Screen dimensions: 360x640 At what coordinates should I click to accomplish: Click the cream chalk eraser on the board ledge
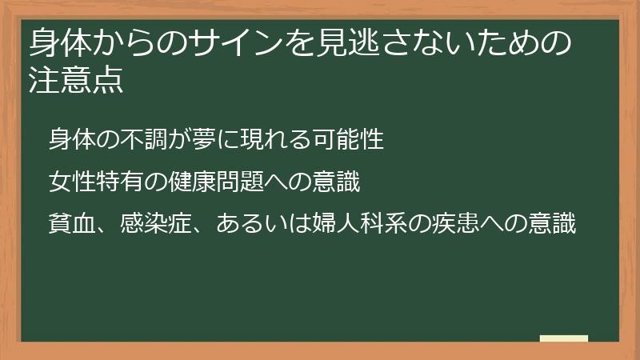click(564, 338)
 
